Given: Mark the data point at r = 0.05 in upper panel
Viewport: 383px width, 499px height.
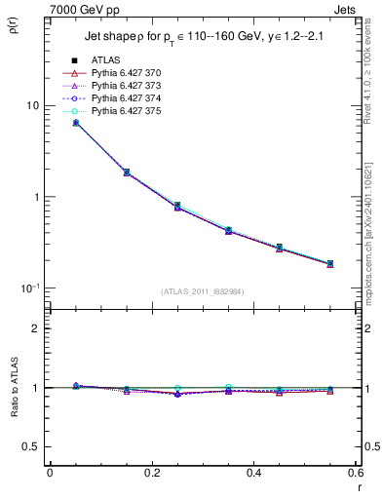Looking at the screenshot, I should click(76, 123).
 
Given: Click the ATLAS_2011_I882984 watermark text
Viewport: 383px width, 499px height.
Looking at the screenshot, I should click(202, 291).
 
